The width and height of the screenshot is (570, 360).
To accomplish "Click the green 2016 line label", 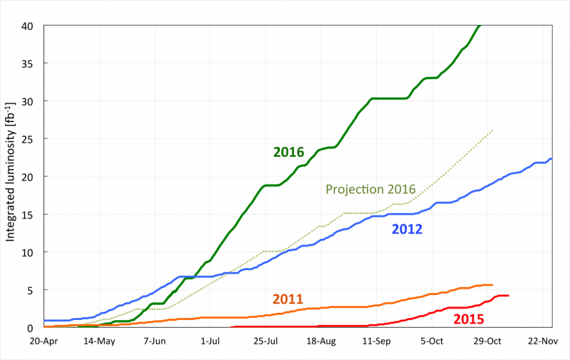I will (289, 152).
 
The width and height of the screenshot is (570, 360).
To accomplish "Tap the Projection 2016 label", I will (370, 189).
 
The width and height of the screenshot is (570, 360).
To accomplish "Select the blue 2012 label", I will (407, 229).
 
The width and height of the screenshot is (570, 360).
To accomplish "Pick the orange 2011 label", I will (288, 299).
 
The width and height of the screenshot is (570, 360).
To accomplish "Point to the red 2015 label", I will (469, 319).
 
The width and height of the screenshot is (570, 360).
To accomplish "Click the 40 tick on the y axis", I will (30, 26).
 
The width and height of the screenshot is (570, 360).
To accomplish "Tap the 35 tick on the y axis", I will (30, 63).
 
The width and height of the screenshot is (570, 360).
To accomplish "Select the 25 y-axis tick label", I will (30, 139).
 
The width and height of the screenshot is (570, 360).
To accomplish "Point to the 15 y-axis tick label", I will (30, 215).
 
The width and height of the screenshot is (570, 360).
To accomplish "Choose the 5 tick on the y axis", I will (33, 290).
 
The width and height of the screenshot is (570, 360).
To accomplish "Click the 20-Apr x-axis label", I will (44, 341).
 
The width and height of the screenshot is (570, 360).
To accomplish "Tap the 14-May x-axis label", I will (99, 341).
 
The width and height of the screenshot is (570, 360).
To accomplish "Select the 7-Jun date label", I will (155, 341).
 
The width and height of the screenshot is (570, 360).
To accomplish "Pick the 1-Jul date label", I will (210, 341).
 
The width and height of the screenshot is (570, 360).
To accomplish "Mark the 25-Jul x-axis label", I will (266, 341).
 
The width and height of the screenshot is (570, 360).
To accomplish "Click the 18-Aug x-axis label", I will (321, 341).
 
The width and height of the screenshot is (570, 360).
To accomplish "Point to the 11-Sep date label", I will (377, 341).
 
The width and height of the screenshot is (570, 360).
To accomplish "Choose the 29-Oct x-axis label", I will (488, 341).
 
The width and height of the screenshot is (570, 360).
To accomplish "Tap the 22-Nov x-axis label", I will (544, 341).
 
